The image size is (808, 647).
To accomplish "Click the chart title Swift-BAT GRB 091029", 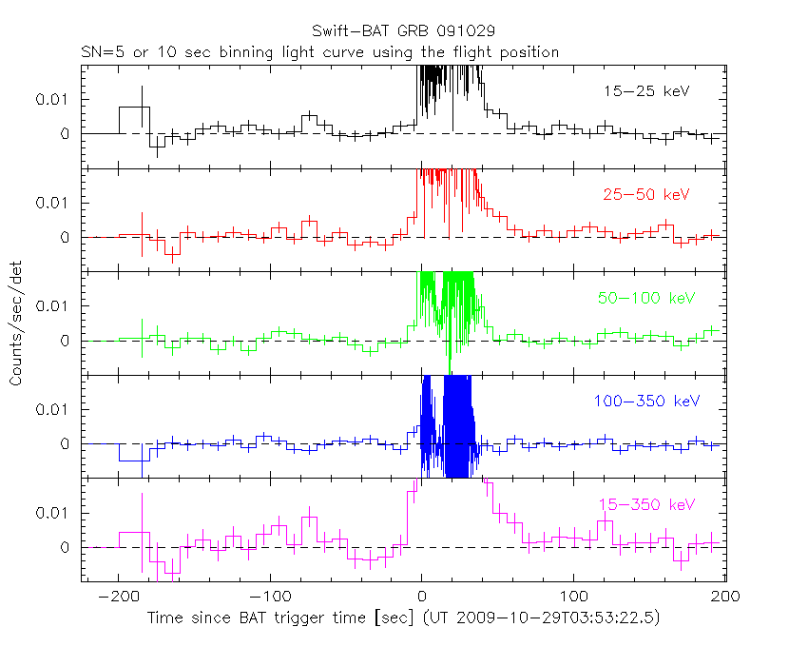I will tap(403, 31).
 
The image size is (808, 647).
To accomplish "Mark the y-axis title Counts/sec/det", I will tap(16, 325).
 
